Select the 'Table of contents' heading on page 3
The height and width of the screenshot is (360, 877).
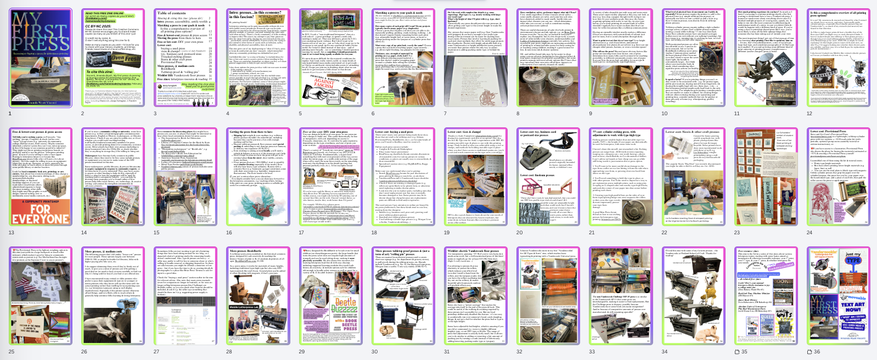172,13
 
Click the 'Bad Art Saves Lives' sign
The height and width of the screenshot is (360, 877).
344,21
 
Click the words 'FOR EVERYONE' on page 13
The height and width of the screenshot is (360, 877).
41,214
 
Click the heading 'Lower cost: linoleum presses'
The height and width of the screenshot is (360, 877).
537,175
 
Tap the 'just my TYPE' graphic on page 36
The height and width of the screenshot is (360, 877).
853,257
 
